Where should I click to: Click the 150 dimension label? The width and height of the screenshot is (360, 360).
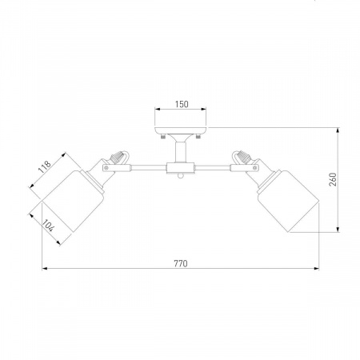point(182,104)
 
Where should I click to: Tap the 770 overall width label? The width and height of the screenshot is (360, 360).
point(181,263)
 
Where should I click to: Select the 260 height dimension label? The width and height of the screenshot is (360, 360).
point(333,179)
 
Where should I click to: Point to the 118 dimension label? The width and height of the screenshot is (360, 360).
point(45,167)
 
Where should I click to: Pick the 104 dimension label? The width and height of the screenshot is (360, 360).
point(49,226)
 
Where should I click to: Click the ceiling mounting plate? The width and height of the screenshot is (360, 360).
point(181,130)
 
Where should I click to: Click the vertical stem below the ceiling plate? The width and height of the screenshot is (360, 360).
point(181,151)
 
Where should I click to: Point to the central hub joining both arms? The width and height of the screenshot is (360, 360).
point(181,168)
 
